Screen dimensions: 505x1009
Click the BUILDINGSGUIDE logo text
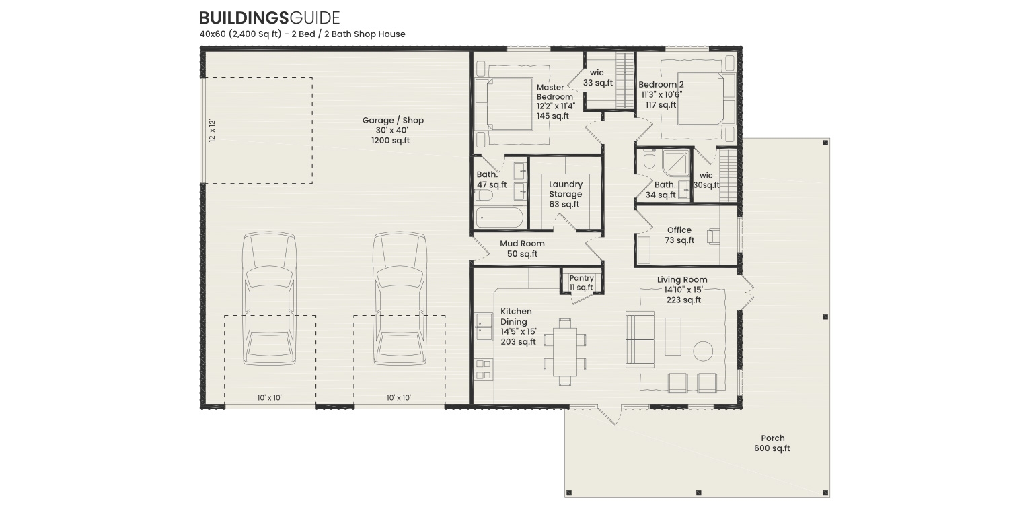269,18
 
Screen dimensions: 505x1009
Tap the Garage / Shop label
393,130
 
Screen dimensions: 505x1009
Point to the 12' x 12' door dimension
212,131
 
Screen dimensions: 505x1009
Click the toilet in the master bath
484,195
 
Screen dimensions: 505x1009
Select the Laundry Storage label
565,194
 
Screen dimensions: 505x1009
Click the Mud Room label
522,248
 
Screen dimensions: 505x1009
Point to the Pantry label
581,282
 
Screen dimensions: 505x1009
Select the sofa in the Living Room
640,339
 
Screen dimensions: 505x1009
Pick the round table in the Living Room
703,351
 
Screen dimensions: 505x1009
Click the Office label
679,235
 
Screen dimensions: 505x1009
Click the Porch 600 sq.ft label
772,443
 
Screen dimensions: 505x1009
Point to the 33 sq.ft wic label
597,78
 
